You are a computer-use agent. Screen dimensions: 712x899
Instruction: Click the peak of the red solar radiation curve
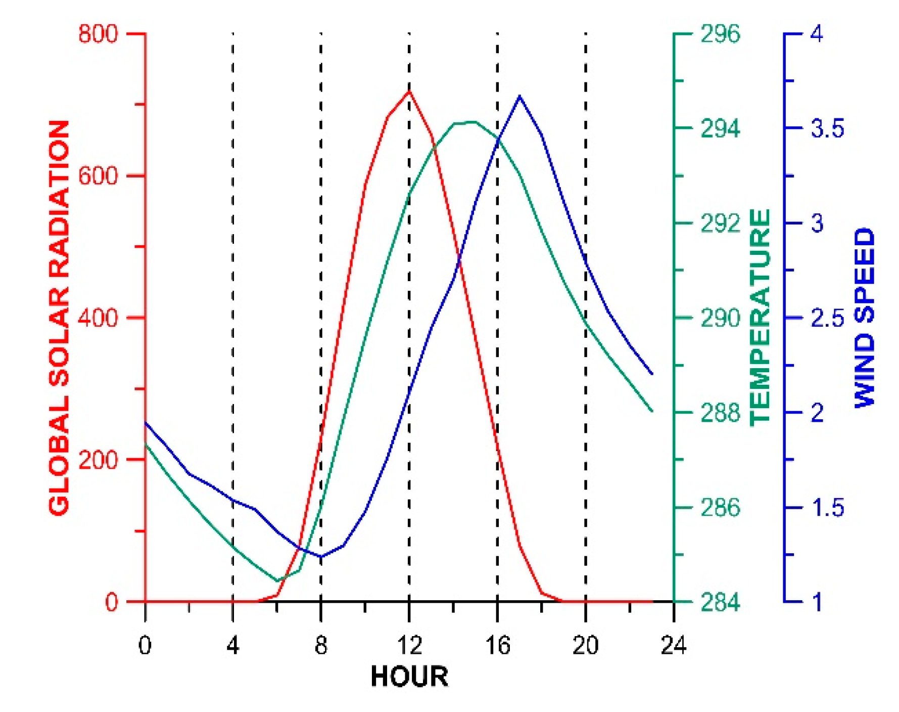coord(409,91)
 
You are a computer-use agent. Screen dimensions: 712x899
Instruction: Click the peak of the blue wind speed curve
coord(519,96)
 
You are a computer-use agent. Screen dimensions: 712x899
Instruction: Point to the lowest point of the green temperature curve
coord(277,581)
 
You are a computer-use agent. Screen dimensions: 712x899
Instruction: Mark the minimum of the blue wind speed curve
coord(321,557)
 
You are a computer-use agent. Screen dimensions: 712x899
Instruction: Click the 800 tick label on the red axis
coord(98,34)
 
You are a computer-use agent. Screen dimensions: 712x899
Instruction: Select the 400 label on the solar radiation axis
coord(98,318)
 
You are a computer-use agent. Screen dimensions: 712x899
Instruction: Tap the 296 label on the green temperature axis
coord(720,34)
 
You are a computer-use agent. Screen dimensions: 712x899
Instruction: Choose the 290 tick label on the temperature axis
coord(720,318)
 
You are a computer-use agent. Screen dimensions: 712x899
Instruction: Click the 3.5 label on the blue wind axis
coord(827,128)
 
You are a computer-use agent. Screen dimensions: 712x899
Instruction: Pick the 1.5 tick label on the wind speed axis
coord(827,507)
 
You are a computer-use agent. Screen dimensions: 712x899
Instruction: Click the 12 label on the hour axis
coord(409,646)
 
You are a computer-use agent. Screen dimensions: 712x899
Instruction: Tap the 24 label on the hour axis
coord(674,646)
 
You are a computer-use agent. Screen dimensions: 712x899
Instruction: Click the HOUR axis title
coord(409,677)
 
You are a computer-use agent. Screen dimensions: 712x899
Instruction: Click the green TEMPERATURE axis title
coord(760,318)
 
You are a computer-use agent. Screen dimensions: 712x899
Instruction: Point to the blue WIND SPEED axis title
coord(865,318)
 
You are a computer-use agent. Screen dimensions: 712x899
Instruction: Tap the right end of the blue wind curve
coord(652,374)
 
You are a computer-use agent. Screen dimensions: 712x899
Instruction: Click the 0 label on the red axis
coord(111,602)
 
